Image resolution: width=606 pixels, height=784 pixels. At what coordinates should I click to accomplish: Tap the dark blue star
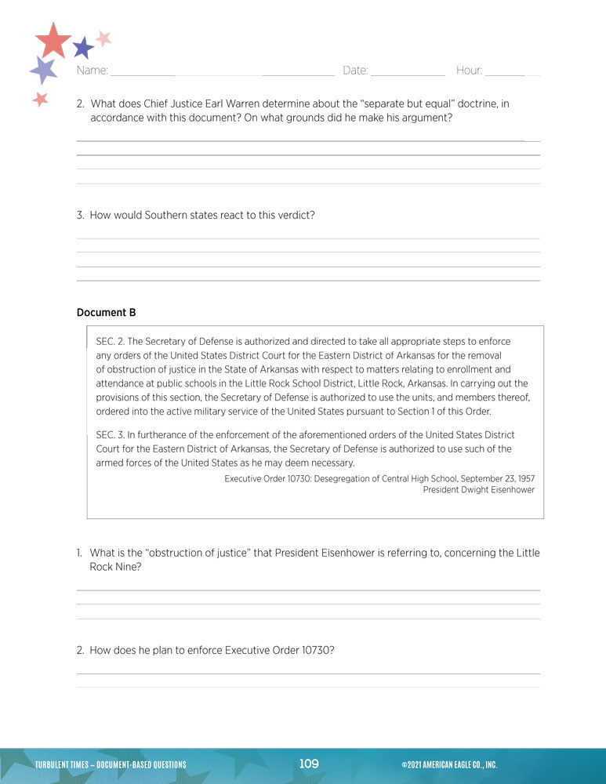click(82, 49)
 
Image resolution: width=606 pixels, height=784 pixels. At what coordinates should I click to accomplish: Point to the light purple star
click(44, 71)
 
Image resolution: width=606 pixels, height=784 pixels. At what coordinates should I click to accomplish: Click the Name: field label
click(93, 71)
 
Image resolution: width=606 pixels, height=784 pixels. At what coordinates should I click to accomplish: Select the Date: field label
click(355, 71)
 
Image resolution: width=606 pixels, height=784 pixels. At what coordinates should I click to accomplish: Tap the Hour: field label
click(469, 71)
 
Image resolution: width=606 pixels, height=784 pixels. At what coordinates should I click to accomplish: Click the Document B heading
click(106, 312)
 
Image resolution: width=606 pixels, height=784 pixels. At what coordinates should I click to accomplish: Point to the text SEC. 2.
click(109, 341)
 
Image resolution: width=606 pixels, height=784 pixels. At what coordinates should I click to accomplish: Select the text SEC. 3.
click(109, 434)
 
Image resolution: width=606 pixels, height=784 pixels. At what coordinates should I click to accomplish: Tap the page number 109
click(309, 764)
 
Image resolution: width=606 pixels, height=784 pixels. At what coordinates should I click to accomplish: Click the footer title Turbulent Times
click(63, 764)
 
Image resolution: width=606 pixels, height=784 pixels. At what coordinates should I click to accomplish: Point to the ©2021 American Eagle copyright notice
click(448, 764)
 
